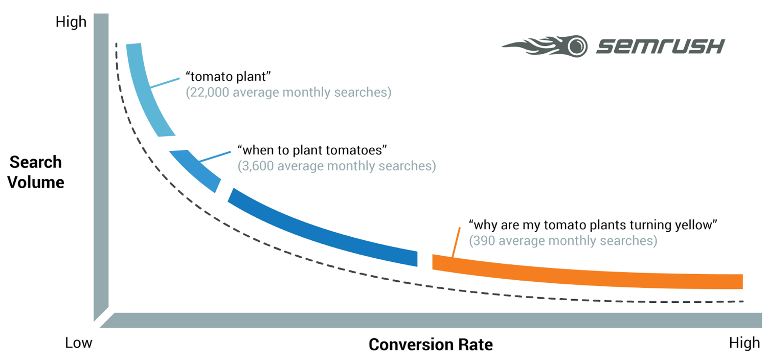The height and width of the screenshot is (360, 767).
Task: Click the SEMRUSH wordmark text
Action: tap(660, 47)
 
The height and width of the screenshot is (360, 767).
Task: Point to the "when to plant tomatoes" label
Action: tap(312, 150)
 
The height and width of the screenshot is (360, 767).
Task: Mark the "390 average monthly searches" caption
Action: tap(563, 240)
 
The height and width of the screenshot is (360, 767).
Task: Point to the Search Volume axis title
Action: tap(36, 172)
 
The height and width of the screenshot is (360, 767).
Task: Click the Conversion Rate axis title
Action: tap(431, 344)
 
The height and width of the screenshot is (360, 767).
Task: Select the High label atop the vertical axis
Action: tap(71, 22)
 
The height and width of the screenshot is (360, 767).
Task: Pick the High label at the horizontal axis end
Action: tap(745, 343)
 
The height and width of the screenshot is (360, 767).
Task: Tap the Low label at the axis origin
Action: tap(79, 343)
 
